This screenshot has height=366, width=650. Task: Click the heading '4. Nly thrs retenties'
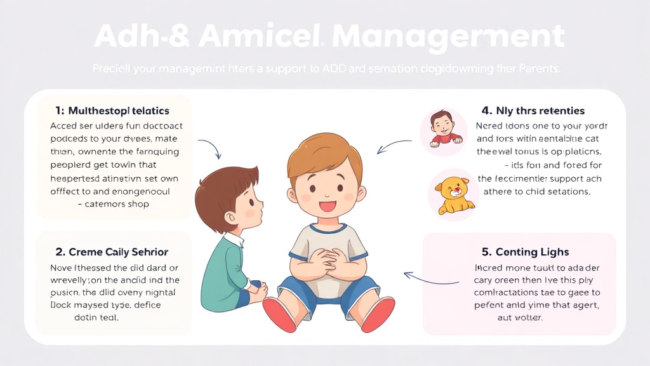[x=533, y=111]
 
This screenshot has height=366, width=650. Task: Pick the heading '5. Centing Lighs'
[x=524, y=252]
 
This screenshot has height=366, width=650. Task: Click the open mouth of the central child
[x=328, y=205]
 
